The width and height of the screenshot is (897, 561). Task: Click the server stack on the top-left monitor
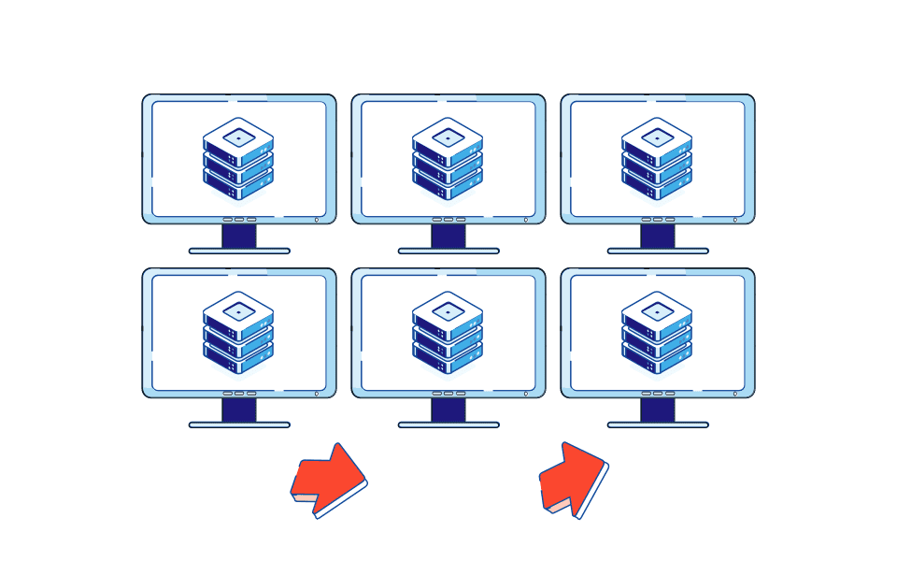click(238, 159)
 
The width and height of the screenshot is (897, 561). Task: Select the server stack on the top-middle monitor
click(448, 159)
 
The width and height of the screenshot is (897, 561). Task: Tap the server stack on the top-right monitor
click(657, 159)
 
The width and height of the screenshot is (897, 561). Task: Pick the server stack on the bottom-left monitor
click(238, 333)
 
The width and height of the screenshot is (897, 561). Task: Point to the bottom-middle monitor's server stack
click(448, 333)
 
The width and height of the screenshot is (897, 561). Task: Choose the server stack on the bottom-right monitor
click(657, 333)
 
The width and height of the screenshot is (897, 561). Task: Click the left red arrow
click(328, 478)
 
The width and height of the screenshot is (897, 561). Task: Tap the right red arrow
click(572, 480)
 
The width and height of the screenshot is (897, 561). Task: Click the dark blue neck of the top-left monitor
click(239, 236)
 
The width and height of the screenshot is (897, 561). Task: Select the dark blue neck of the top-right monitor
click(658, 236)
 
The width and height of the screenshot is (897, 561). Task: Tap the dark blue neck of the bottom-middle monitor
click(448, 410)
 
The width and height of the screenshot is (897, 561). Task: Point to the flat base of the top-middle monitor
click(448, 251)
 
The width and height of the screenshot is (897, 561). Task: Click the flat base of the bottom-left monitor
click(239, 424)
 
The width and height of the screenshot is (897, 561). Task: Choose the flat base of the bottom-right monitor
click(658, 424)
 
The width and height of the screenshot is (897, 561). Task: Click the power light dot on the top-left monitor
click(316, 220)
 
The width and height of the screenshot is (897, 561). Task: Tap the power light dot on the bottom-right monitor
click(734, 394)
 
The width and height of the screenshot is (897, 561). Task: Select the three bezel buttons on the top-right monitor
click(658, 220)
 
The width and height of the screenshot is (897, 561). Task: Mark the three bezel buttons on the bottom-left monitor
click(239, 394)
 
